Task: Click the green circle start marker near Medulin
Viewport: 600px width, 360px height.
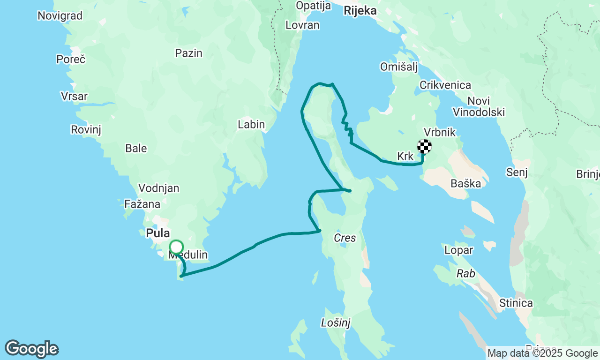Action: tap(176, 247)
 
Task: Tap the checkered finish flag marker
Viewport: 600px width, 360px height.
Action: tap(424, 146)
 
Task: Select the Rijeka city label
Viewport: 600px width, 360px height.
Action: tap(360, 11)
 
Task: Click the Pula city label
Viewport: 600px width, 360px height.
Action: tap(157, 233)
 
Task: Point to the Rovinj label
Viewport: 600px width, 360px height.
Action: tap(86, 129)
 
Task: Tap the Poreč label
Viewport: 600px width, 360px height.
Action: tap(71, 60)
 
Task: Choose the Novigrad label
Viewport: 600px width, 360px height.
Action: tap(60, 16)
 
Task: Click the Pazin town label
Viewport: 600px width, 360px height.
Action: tap(188, 53)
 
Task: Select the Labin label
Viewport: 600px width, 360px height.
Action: tap(251, 125)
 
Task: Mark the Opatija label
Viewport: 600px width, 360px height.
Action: tap(313, 6)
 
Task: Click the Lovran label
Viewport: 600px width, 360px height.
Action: tap(302, 25)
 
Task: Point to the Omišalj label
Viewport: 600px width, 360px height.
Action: tap(399, 67)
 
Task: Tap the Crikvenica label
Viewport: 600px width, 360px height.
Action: tap(445, 85)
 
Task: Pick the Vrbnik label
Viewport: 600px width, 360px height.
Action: tap(439, 132)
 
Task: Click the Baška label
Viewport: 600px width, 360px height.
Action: tap(465, 183)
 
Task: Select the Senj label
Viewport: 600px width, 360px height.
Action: tap(517, 172)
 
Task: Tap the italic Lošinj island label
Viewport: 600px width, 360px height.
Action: tap(336, 322)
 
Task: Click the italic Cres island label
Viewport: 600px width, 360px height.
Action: tap(345, 238)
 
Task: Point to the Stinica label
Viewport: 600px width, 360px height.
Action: tap(516, 303)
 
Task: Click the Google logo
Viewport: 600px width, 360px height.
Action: tap(32, 349)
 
